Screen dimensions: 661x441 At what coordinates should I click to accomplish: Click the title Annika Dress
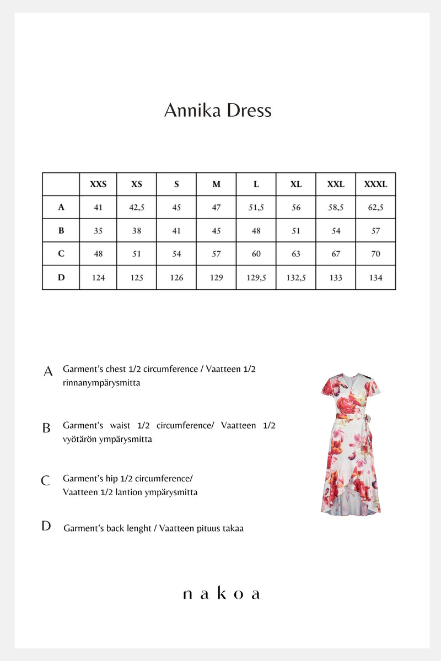[x=218, y=110]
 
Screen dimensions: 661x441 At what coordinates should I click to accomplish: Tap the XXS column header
[x=98, y=184]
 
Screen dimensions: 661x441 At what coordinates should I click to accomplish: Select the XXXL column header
[x=375, y=184]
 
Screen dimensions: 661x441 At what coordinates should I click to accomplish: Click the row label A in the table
[x=61, y=208]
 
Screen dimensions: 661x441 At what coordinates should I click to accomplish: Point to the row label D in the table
[x=61, y=278]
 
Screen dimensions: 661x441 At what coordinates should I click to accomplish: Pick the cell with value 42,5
[x=137, y=208]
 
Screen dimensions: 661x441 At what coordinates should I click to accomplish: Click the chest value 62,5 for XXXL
[x=375, y=208]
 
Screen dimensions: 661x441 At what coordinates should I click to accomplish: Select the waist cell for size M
[x=216, y=231]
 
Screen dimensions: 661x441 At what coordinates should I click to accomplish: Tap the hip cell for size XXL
[x=336, y=254]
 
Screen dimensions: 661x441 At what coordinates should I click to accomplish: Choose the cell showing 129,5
[x=256, y=278]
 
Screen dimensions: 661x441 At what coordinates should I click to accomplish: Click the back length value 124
[x=98, y=278]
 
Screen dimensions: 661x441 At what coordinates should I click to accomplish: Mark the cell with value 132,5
[x=296, y=278]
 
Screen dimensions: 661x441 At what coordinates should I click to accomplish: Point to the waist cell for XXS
[x=98, y=231]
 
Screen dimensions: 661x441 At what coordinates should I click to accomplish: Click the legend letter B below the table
[x=47, y=428]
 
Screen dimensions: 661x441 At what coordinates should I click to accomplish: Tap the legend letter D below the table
[x=46, y=526]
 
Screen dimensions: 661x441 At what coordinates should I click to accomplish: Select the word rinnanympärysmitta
[x=101, y=383]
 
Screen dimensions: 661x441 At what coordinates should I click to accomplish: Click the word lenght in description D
[x=138, y=528]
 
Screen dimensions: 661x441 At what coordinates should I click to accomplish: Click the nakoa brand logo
[x=220, y=594]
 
